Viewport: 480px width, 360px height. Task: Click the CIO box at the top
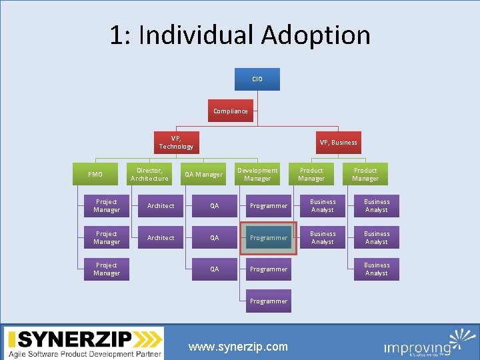[257, 79]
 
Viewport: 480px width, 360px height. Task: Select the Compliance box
[230, 111]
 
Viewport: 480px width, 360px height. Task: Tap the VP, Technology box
[176, 143]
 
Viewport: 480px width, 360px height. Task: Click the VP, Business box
[338, 143]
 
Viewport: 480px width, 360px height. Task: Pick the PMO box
[95, 175]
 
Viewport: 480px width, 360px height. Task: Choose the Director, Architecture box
[149, 175]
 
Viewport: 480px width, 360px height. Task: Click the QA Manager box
[203, 175]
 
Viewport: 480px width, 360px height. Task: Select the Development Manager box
[257, 175]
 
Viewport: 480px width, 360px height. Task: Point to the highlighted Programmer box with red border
[268, 238]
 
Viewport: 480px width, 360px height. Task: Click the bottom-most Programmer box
[268, 301]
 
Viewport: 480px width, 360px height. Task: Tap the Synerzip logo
[84, 344]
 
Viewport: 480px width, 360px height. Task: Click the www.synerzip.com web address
[238, 347]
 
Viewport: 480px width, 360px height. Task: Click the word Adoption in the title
[316, 35]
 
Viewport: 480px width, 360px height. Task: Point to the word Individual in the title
[201, 35]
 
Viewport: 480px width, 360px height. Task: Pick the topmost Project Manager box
[107, 206]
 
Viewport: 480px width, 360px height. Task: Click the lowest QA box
[214, 269]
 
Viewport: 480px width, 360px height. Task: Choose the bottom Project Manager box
[107, 269]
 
